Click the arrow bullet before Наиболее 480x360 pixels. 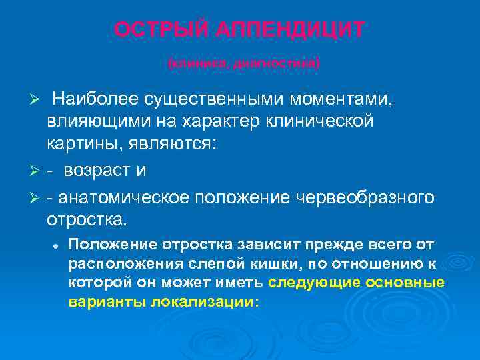tap(37, 100)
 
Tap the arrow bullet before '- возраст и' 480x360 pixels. tap(37, 171)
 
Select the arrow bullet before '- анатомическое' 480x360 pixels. tap(37, 198)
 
